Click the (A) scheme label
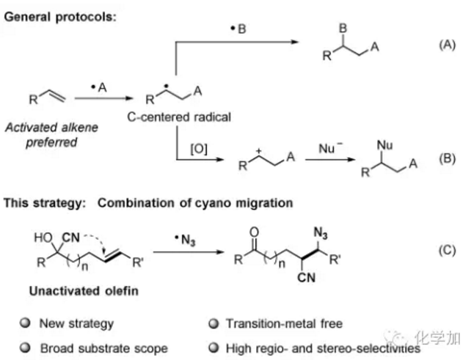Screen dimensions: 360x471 point(448,45)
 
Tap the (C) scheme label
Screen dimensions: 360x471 point(448,249)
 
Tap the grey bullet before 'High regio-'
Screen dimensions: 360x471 point(213,348)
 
